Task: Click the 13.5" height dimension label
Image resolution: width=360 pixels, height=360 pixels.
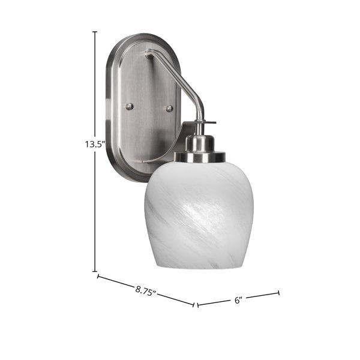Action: coord(95,145)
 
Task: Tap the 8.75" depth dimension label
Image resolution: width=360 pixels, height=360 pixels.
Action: coord(146,292)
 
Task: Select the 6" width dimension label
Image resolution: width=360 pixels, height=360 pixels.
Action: coord(239,300)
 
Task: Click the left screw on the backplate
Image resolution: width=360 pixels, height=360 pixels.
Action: coord(130,106)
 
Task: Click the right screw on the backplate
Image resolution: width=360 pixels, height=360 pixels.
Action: coord(169,109)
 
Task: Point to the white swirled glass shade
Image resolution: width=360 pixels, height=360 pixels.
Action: coord(199,214)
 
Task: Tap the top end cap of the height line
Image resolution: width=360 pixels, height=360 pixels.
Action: coord(95,32)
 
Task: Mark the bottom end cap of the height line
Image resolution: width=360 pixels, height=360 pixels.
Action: coord(95,271)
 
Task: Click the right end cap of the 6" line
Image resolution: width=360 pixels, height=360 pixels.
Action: coord(279,293)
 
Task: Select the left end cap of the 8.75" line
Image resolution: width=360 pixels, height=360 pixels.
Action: coord(98,276)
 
